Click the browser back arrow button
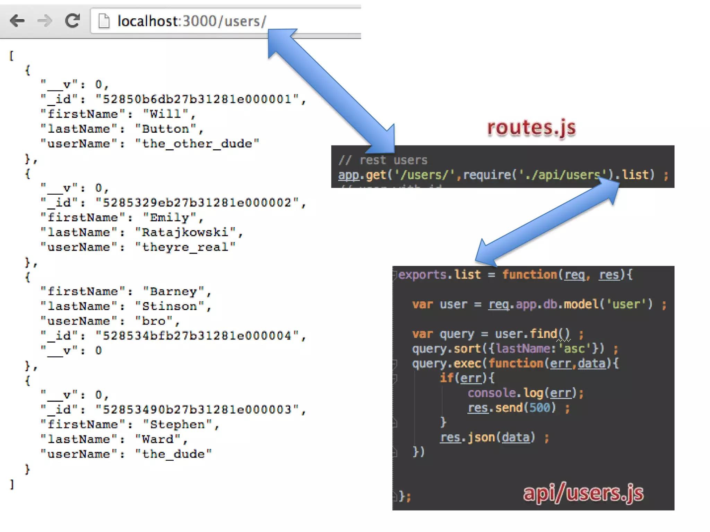click(x=17, y=21)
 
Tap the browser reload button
click(x=72, y=21)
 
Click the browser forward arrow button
click(x=45, y=21)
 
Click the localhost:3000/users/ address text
click(x=192, y=21)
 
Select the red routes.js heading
click(x=531, y=127)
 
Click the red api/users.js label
click(x=583, y=493)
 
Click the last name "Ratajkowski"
click(x=185, y=232)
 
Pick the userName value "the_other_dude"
click(x=197, y=144)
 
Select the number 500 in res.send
click(x=539, y=408)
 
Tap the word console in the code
click(x=492, y=393)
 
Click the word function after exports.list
click(x=529, y=275)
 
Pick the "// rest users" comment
click(x=383, y=160)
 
